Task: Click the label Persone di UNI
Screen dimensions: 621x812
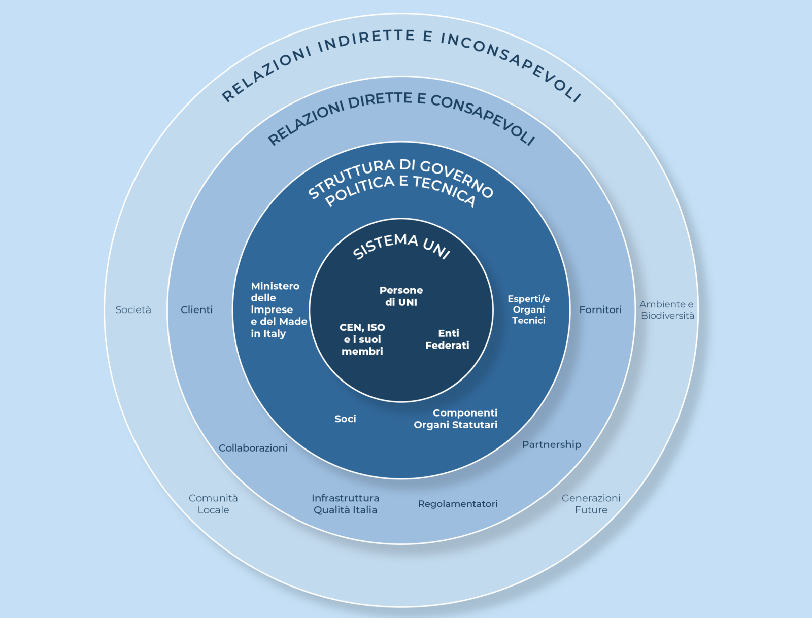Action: [x=401, y=296]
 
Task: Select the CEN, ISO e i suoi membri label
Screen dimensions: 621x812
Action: [x=362, y=339]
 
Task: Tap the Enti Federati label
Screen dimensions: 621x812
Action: [x=447, y=339]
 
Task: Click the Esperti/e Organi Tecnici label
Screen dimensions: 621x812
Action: [x=529, y=309]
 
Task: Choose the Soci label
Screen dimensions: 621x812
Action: [x=345, y=419]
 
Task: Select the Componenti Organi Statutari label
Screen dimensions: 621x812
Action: [x=456, y=419]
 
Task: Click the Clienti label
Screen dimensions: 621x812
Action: [x=196, y=309]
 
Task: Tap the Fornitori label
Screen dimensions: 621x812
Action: [x=600, y=309]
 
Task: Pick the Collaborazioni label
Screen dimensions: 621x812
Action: [x=253, y=448]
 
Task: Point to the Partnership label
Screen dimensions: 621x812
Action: [x=552, y=444]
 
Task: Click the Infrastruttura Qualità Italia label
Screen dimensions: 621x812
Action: [x=345, y=504]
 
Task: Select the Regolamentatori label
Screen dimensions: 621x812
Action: [x=458, y=504]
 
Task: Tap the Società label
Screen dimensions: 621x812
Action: [x=133, y=309]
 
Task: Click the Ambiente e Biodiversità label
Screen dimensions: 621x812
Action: [x=667, y=309]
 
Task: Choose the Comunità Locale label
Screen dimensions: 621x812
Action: [x=213, y=504]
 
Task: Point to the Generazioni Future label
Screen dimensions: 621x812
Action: [x=591, y=504]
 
